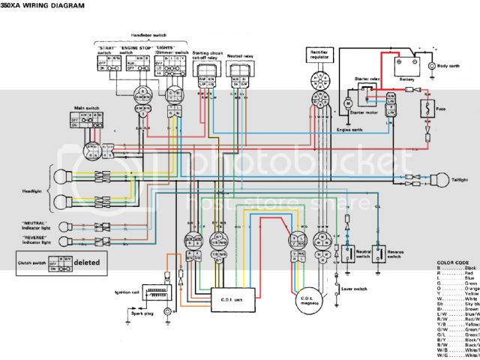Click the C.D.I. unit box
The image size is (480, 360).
232,298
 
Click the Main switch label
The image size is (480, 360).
73,109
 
